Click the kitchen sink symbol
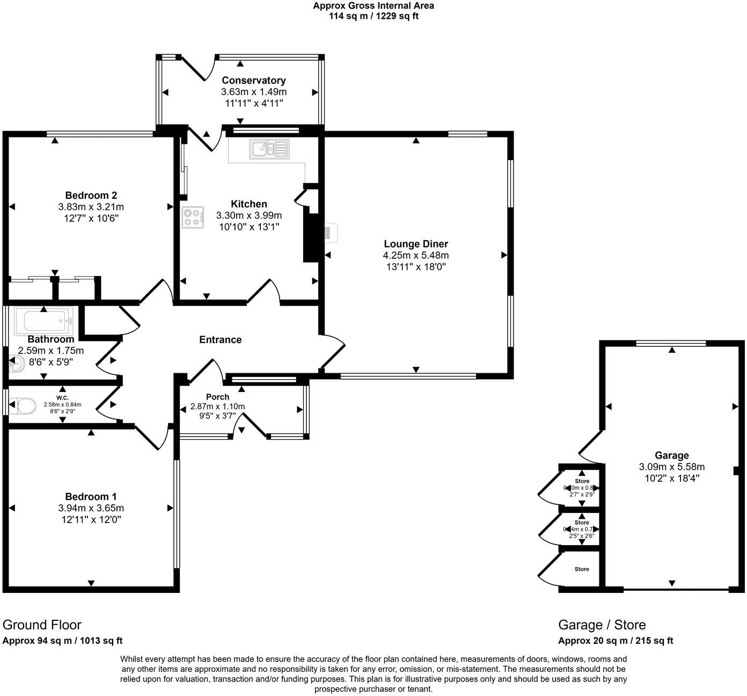269,148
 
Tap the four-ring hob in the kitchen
193,218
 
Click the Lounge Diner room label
415,244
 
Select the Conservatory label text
254,81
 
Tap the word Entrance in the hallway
220,339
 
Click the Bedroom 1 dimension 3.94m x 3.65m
91,508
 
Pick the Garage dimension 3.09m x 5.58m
671,467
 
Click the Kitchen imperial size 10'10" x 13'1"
249,227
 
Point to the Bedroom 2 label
91,195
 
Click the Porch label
217,397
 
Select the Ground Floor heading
42,625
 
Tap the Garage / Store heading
602,625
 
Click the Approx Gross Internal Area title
373,6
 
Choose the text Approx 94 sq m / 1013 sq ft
62,641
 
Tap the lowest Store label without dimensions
582,569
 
